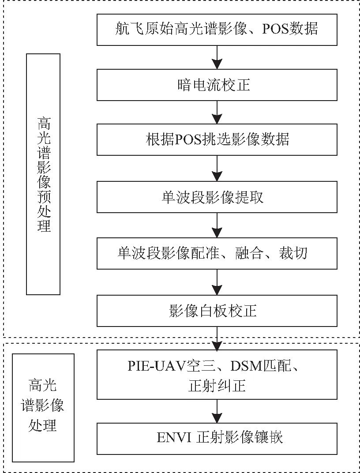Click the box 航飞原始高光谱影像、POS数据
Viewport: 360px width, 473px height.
click(217, 30)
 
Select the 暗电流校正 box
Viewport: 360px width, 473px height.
click(217, 85)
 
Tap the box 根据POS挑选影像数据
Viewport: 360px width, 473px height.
click(217, 140)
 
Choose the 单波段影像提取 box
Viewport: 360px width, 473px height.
click(217, 197)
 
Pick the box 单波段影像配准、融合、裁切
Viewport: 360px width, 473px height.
click(217, 253)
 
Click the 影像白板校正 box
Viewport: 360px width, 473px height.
click(217, 311)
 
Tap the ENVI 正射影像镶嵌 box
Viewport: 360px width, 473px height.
click(217, 438)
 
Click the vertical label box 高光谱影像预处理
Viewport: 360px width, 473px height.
click(43, 174)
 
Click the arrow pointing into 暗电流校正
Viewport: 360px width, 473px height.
click(217, 56)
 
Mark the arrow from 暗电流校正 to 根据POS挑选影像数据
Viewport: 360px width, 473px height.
click(217, 112)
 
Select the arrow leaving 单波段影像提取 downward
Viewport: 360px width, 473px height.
click(217, 225)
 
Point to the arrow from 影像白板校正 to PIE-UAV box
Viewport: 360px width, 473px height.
click(217, 338)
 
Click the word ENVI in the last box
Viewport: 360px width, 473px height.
click(170, 438)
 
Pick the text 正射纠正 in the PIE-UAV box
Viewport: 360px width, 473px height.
click(217, 387)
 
